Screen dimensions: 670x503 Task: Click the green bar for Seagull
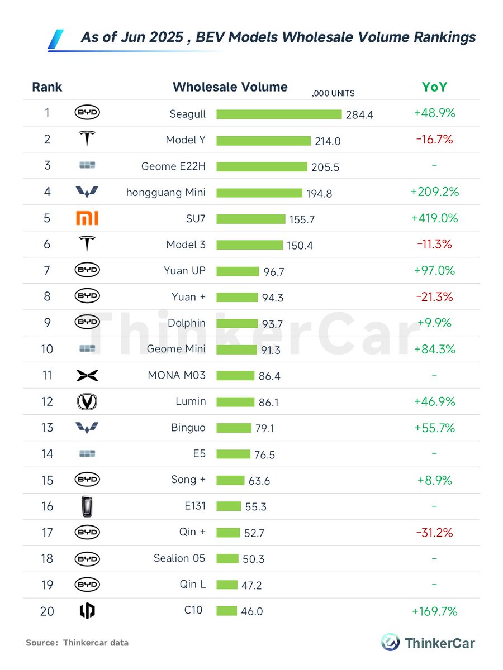[279, 114]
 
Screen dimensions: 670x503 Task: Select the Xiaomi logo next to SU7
[87, 218]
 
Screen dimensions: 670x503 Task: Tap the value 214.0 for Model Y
[328, 141]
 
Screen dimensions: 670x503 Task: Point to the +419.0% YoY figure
[434, 218]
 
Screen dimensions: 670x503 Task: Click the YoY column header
[434, 87]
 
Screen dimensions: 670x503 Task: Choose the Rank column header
[47, 87]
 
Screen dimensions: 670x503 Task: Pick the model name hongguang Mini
[166, 192]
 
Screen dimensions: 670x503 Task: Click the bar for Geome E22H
[262, 166]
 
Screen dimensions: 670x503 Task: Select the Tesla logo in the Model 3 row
[87, 244]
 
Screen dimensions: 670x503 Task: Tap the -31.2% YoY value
[434, 532]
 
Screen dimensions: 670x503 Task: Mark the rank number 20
[47, 611]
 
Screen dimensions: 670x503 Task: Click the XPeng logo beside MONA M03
[87, 375]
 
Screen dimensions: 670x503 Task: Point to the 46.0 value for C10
[251, 612]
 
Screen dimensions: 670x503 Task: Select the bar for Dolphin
[237, 323]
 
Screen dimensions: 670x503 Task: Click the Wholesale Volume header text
[230, 87]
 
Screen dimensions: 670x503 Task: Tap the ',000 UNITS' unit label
[333, 94]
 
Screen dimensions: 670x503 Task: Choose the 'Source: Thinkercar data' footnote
[77, 643]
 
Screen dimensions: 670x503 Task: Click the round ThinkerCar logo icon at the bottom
[390, 642]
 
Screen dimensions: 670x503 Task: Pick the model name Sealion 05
[179, 558]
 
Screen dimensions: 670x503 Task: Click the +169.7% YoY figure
[434, 611]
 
